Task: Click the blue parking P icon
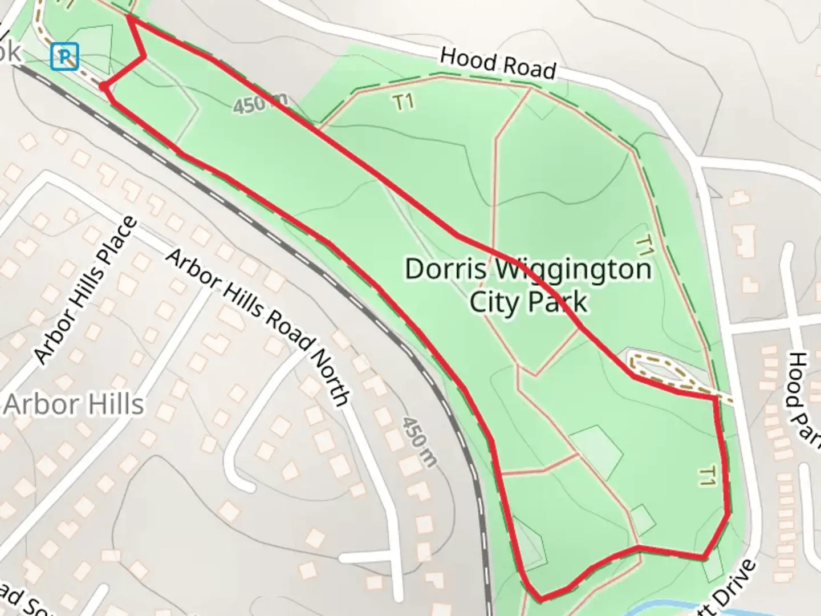pyautogui.click(x=64, y=57)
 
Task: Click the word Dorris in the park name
pyautogui.click(x=442, y=269)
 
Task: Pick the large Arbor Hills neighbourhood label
pyautogui.click(x=74, y=404)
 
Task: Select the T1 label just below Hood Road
pyautogui.click(x=403, y=103)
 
